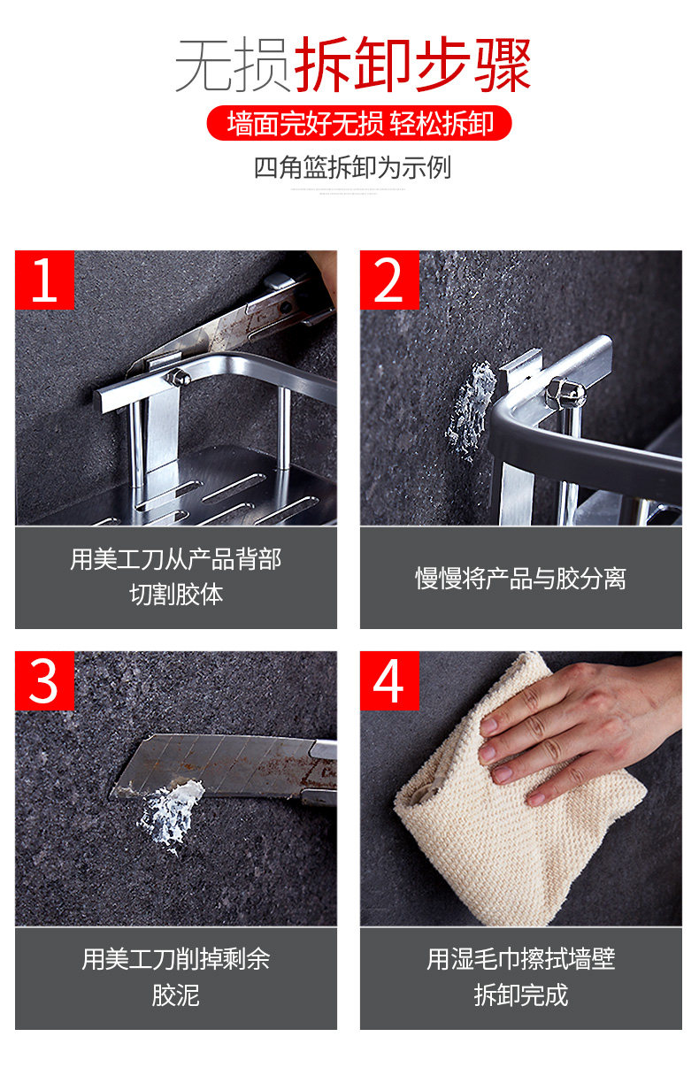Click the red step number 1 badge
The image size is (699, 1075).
[44, 280]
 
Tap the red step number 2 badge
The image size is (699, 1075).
[389, 280]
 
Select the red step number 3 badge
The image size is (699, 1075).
[44, 680]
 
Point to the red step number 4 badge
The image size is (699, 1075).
[389, 680]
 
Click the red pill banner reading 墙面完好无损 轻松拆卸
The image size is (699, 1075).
[359, 123]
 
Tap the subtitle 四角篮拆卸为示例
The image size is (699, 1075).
[352, 168]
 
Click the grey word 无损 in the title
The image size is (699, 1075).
[233, 65]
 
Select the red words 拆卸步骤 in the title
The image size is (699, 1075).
[413, 65]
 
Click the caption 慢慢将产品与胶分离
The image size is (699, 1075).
[521, 579]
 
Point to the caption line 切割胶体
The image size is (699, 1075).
[176, 595]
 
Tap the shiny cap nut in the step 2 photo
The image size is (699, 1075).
[565, 394]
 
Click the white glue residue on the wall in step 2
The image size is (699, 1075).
[471, 411]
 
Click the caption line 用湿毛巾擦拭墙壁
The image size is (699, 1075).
[521, 959]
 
